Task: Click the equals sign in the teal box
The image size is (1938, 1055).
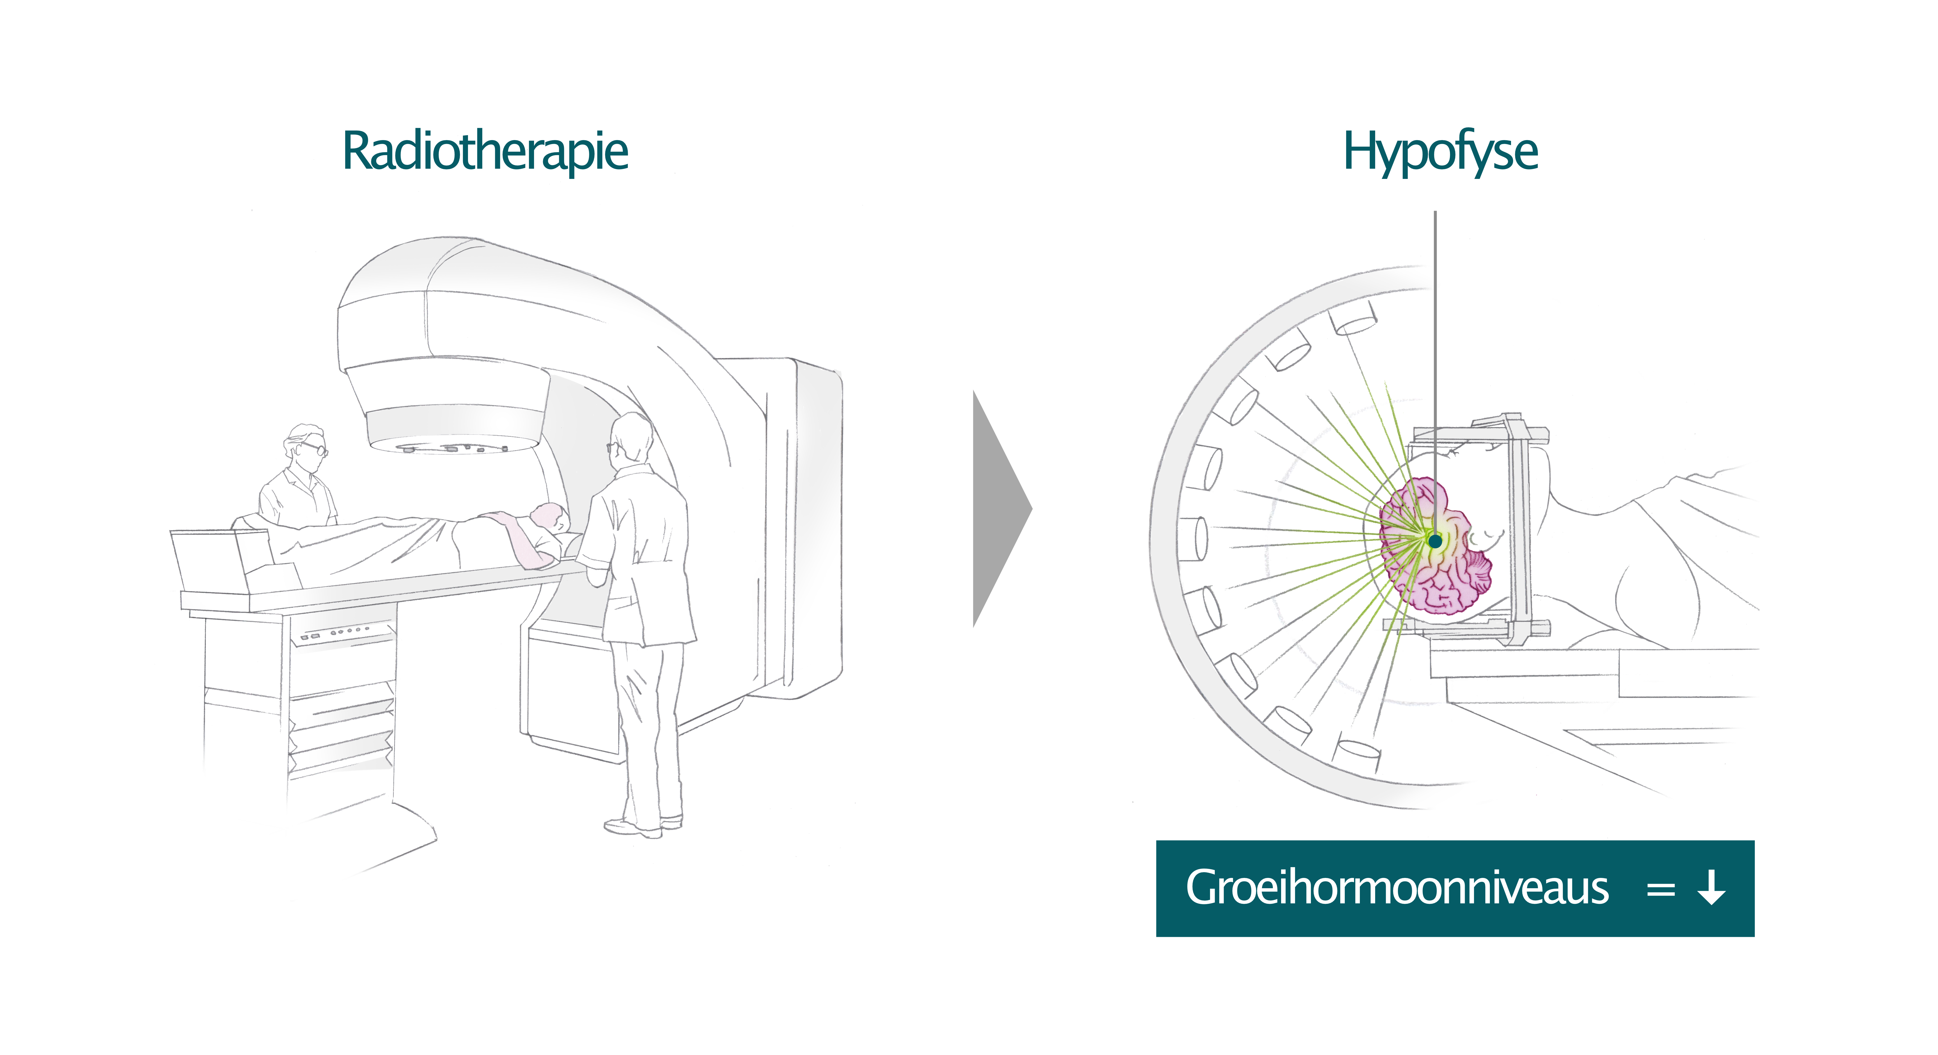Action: tap(1660, 890)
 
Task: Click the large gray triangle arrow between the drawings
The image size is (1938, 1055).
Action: tap(998, 509)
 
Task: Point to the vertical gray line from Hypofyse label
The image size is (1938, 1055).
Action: tap(1435, 339)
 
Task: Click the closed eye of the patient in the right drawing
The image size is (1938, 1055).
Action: tap(1486, 536)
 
